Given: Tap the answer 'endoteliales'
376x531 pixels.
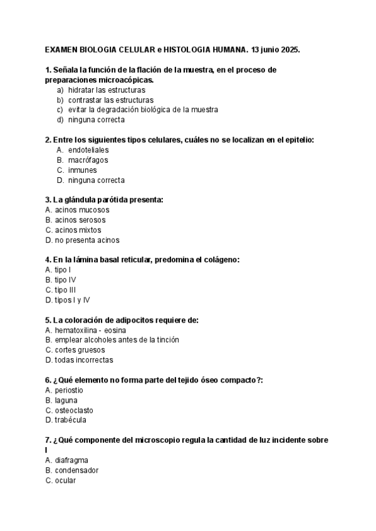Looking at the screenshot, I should point(88,150).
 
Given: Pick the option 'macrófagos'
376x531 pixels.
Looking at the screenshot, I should point(88,160).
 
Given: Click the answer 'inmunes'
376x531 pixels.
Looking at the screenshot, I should point(83,170).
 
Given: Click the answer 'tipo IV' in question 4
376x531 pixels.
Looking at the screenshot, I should point(61,280).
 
